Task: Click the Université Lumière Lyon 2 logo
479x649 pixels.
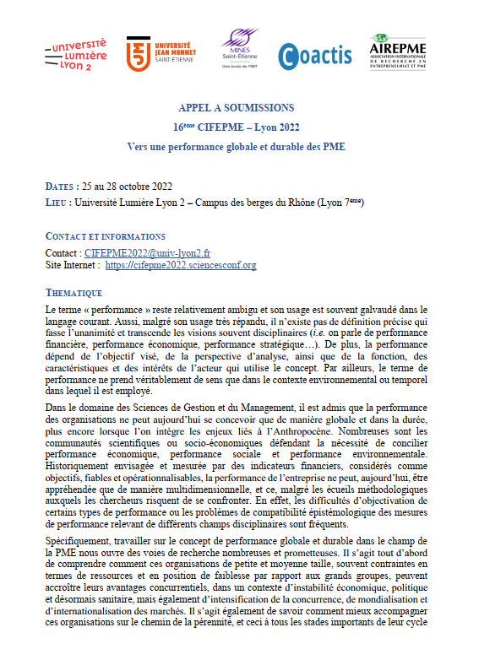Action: [x=75, y=54]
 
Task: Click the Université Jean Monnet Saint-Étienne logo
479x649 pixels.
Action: [x=159, y=54]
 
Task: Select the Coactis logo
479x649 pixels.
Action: [x=315, y=55]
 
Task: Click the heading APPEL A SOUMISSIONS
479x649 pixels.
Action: [x=237, y=108]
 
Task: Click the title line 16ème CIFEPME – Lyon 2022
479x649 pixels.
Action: [x=237, y=127]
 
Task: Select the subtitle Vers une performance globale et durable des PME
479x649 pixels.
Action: [x=237, y=146]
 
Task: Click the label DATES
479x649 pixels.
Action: [x=59, y=187]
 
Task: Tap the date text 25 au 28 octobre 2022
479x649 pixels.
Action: [x=128, y=187]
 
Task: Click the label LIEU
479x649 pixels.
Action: [x=56, y=203]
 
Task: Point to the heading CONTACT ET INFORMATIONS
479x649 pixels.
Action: [x=105, y=236]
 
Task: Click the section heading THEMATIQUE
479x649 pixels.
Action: [x=73, y=293]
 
